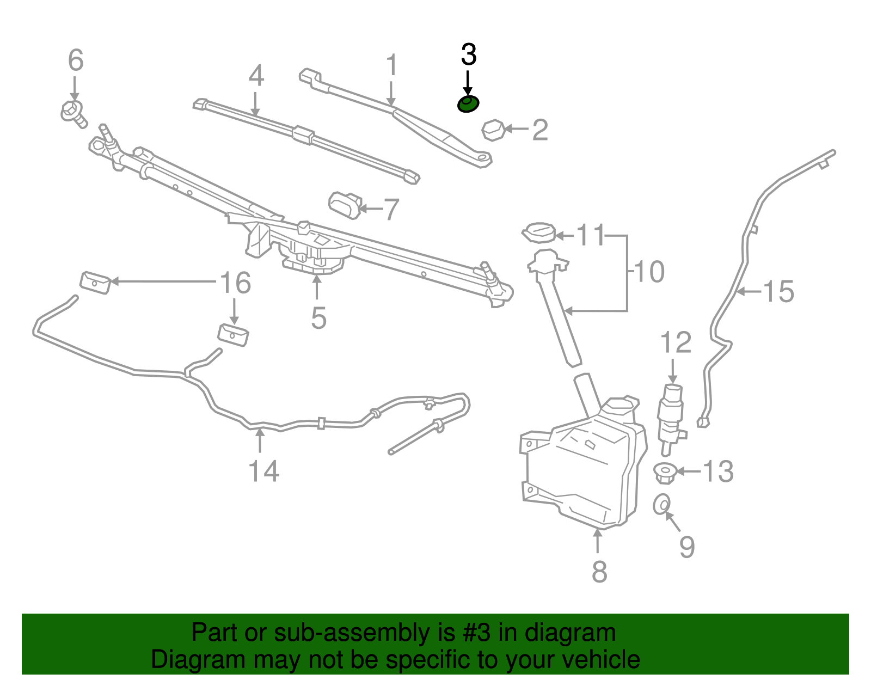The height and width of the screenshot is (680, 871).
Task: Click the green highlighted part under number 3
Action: (468, 103)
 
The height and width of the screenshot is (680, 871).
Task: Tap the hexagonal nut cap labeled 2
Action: (493, 130)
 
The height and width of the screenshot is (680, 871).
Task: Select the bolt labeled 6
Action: (73, 113)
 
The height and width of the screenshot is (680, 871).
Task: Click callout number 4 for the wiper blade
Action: (256, 76)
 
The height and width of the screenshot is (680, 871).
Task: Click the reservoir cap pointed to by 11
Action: (538, 233)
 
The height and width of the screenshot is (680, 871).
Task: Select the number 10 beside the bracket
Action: (649, 272)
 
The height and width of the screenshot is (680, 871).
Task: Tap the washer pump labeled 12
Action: (672, 419)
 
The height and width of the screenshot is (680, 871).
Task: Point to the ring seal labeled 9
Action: (661, 504)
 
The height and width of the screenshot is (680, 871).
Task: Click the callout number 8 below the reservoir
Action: (599, 571)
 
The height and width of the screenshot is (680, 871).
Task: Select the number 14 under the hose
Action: (263, 471)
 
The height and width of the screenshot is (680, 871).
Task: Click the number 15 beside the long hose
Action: (779, 292)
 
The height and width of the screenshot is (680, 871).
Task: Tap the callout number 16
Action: (235, 283)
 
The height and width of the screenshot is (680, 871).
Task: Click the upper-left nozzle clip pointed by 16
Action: (95, 283)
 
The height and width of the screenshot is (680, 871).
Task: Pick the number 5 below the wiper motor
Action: (318, 318)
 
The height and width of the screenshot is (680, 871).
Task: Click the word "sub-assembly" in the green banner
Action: (352, 633)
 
